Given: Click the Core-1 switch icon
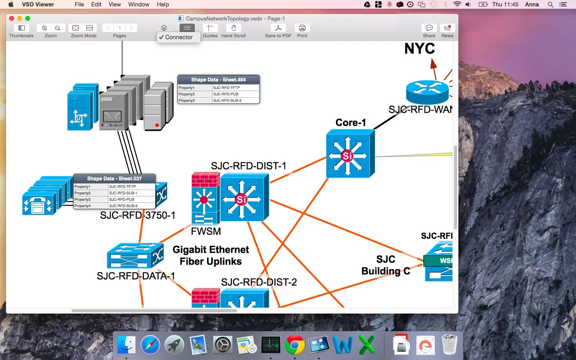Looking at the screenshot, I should pos(350,154).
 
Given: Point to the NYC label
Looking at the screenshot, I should pos(419,49).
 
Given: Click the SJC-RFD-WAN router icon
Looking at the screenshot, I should pos(427,92).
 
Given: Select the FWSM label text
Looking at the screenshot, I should pos(206,231).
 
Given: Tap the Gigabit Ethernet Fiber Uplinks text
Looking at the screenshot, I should pos(211,255).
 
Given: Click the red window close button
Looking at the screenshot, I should pos(12,18).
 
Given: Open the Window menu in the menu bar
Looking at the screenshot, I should pos(138,4).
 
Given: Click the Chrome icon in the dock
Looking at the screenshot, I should pos(295,345).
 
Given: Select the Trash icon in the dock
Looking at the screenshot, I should pos(450,345).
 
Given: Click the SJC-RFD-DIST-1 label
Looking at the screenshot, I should pos(248,166).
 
